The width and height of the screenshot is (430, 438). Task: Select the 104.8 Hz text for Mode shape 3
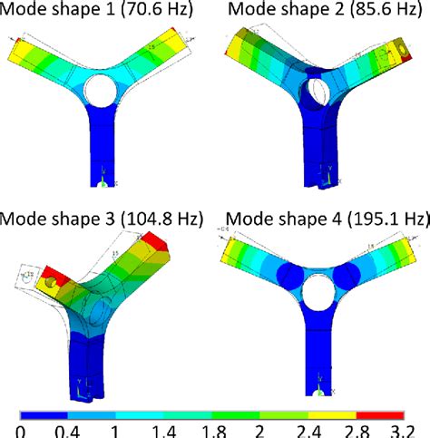[172, 219]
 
